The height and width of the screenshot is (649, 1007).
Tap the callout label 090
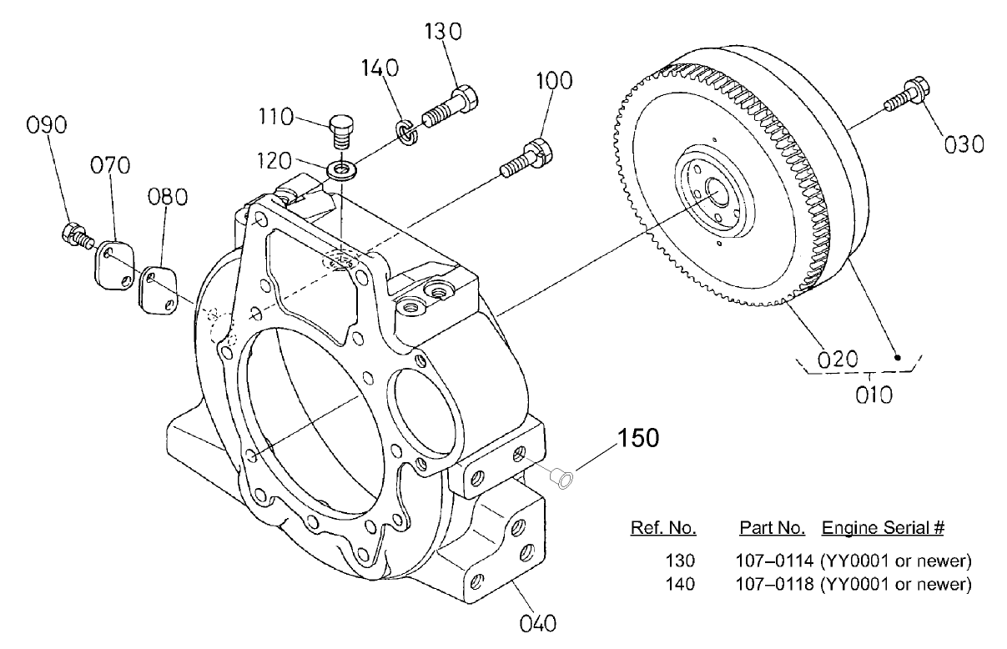tap(47, 125)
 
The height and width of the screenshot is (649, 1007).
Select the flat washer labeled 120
tap(342, 170)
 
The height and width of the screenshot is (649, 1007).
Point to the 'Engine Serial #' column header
tap(883, 528)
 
